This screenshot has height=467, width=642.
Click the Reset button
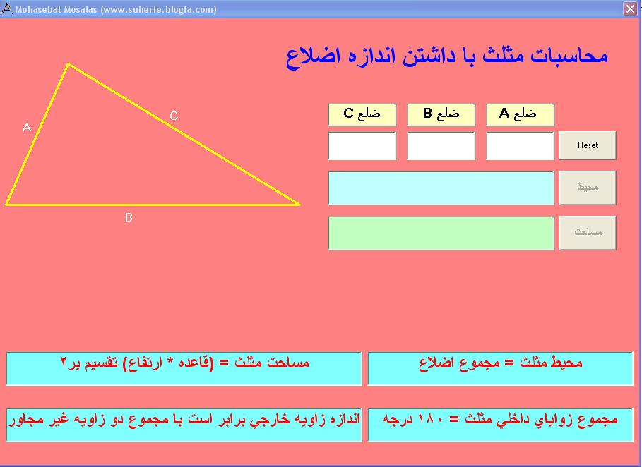tap(588, 145)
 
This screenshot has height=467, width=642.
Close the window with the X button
tap(630, 8)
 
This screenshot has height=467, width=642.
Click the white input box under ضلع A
tap(520, 145)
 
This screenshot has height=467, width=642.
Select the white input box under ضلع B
tap(441, 145)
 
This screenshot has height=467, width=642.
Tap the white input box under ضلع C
tap(362, 145)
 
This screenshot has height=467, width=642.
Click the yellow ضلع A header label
tap(520, 114)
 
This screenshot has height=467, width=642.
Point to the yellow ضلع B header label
tap(441, 114)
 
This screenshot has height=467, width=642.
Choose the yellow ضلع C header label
tap(362, 114)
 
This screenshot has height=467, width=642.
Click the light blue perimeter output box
tap(441, 188)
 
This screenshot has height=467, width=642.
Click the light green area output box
tap(441, 233)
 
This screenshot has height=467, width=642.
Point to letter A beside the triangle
tap(27, 127)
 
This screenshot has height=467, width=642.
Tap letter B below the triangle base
tap(129, 217)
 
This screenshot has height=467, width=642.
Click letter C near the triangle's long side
tap(174, 116)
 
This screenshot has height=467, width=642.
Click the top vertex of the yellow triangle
tap(69, 63)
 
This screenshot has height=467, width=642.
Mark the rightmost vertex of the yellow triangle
tap(299, 204)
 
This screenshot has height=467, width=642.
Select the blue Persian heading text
tap(446, 56)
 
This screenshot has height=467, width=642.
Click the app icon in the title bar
tap(7, 8)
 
